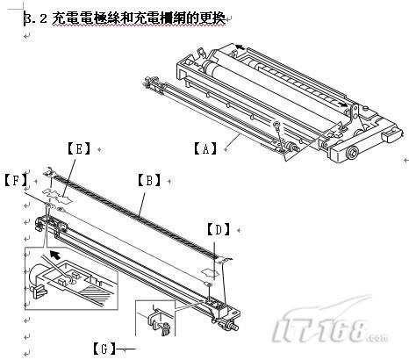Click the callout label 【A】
204,148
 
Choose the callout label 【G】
104,349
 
